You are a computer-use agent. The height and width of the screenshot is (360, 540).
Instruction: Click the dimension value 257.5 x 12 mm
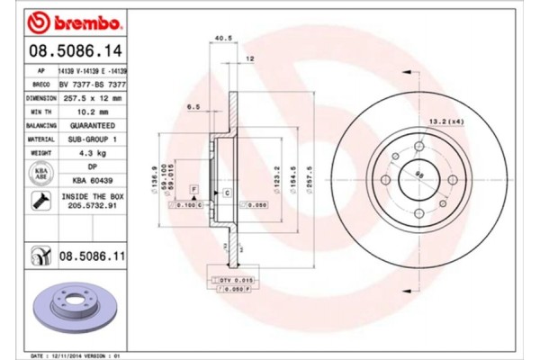tap(92, 96)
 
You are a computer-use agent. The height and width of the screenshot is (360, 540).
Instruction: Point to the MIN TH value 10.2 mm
tap(92, 111)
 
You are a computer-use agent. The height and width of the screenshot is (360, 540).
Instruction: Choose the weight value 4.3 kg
tap(92, 154)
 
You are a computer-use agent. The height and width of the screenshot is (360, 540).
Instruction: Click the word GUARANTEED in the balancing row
tap(92, 125)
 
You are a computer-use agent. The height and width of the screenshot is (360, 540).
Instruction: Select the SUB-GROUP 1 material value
tap(92, 139)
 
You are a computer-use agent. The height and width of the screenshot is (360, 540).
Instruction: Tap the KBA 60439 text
tap(92, 180)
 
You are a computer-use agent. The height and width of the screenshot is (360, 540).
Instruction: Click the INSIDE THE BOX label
tap(92, 195)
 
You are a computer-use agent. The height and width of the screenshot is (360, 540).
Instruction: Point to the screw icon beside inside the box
tap(41, 202)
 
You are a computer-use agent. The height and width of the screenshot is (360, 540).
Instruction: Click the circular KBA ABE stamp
tap(40, 174)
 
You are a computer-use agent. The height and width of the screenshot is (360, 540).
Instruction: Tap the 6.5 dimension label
tap(193, 106)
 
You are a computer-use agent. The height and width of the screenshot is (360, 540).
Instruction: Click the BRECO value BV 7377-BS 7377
tap(92, 82)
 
